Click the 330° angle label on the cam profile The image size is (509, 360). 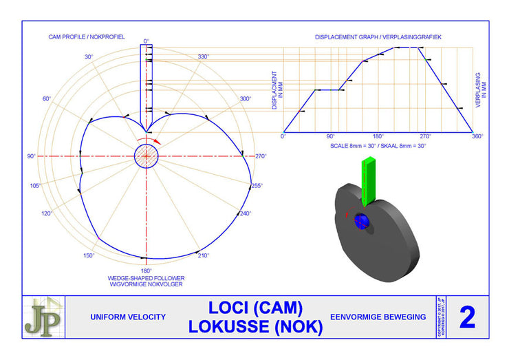click(203, 56)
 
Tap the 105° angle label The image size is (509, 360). click(36, 185)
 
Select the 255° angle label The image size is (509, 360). click(257, 185)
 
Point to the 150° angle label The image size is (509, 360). click(89, 255)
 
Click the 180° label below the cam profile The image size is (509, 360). click(146, 271)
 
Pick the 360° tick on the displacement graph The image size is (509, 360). click(477, 136)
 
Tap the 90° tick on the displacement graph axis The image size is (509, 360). click(330, 136)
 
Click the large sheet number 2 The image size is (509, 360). click(467, 317)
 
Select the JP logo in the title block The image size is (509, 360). click(43, 317)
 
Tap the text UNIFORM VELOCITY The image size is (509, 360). click(129, 317)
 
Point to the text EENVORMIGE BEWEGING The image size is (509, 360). click(378, 317)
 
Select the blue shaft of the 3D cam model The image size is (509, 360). click(362, 221)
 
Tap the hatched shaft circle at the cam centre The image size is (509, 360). click(146, 156)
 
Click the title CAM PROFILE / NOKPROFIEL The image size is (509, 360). click(87, 36)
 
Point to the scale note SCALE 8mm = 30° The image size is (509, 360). click(352, 146)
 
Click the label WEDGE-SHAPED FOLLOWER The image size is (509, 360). click(145, 277)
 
